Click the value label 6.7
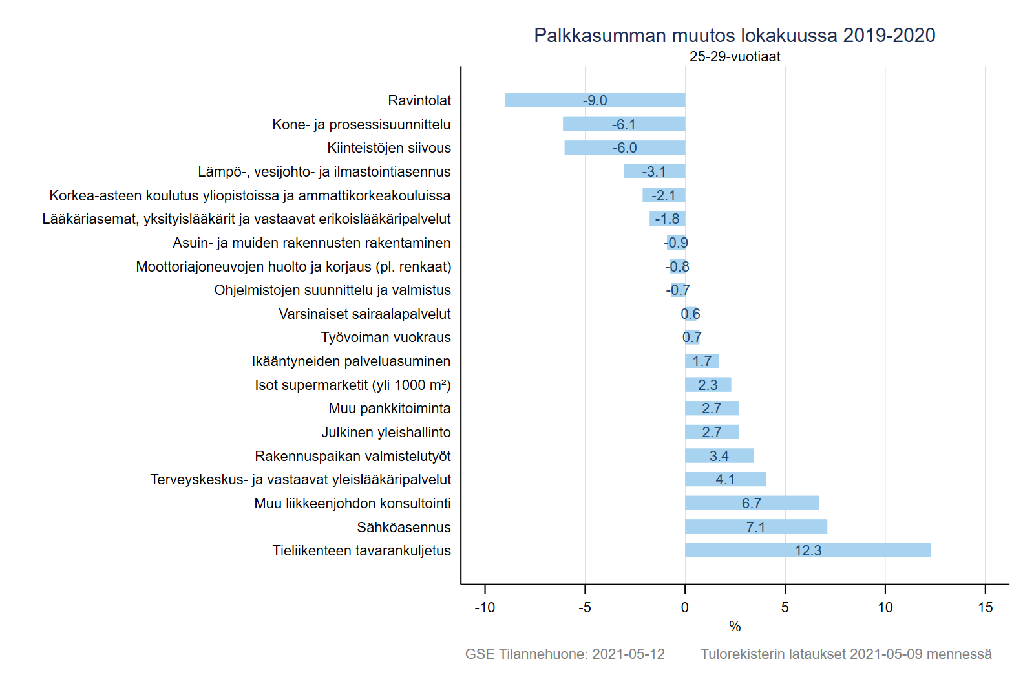click(752, 503)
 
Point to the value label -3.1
click(653, 171)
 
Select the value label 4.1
click(725, 480)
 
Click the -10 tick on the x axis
click(485, 607)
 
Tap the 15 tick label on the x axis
click(985, 607)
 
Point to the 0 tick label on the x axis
click(685, 607)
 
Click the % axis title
click(735, 626)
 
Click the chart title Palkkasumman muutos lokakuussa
click(734, 36)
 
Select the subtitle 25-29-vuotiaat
click(735, 57)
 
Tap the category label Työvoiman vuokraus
click(386, 338)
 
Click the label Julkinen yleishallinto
click(386, 432)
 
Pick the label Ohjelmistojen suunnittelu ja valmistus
click(332, 290)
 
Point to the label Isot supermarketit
click(352, 385)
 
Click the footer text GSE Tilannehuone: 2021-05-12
click(565, 654)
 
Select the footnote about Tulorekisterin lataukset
click(846, 654)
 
